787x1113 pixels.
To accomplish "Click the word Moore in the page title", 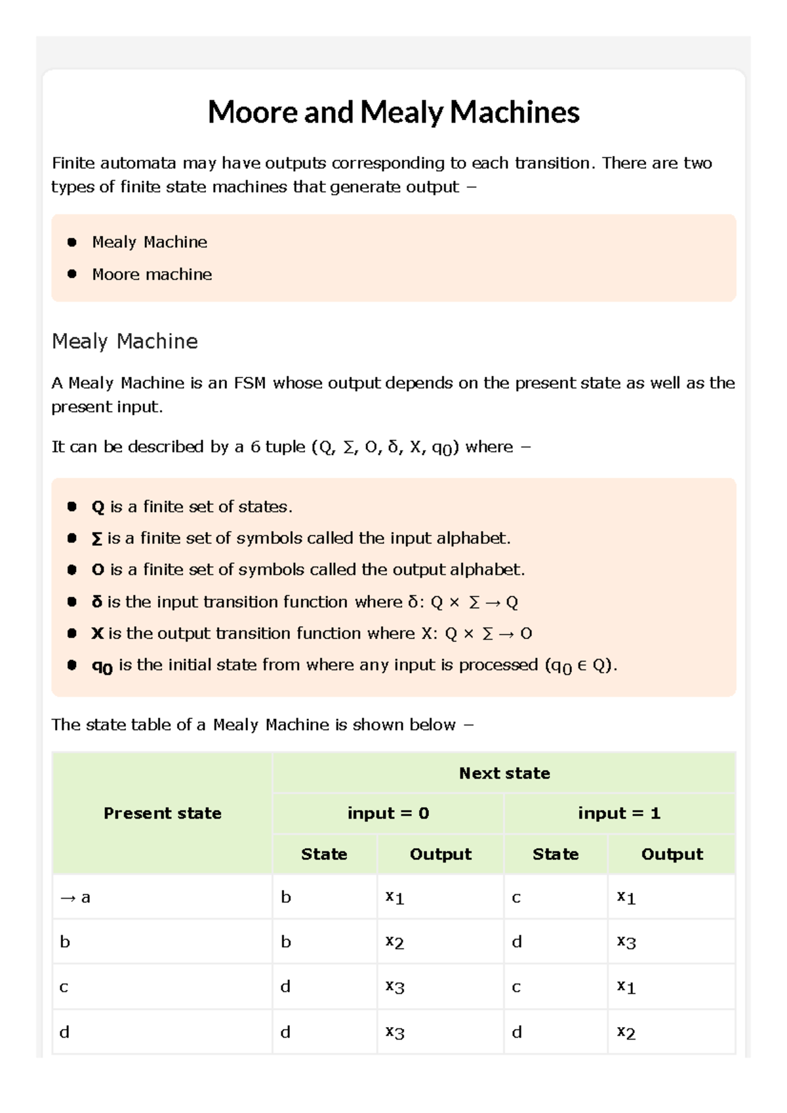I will pyautogui.click(x=252, y=112).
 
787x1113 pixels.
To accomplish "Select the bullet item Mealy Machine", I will pyautogui.click(x=150, y=243).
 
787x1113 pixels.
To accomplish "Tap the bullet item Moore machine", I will pyautogui.click(x=151, y=275).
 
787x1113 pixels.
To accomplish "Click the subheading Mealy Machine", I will pyautogui.click(x=125, y=342).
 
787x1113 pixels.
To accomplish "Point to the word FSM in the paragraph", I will pyautogui.click(x=249, y=383).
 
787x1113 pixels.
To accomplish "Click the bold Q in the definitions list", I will pyautogui.click(x=98, y=507).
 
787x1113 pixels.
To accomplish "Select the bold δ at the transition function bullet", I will pyautogui.click(x=97, y=602).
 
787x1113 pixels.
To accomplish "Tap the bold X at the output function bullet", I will pyautogui.click(x=97, y=634).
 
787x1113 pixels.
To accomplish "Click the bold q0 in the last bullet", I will pyautogui.click(x=102, y=667).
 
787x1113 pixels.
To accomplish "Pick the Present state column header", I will pyautogui.click(x=162, y=813).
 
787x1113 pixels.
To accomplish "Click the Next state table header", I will pyautogui.click(x=504, y=773).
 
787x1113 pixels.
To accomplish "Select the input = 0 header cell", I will pyautogui.click(x=388, y=813).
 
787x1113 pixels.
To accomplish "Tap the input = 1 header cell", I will pyautogui.click(x=618, y=813).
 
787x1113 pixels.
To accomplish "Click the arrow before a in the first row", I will pyautogui.click(x=68, y=898).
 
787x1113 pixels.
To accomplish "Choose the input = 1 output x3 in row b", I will pyautogui.click(x=626, y=943).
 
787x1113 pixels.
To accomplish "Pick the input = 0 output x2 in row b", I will pyautogui.click(x=394, y=943).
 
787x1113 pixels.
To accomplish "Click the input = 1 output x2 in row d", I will pyautogui.click(x=626, y=1033).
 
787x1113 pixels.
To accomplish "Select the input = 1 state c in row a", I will pyautogui.click(x=516, y=898).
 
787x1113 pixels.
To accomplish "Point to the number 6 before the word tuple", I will pyautogui.click(x=255, y=447).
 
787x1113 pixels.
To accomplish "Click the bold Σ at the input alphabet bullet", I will pyautogui.click(x=96, y=539).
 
